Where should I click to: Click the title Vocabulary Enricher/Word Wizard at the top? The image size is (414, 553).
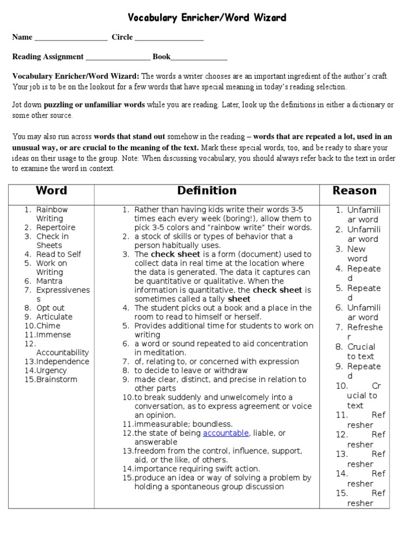click(x=207, y=18)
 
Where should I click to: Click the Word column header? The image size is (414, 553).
click(x=51, y=191)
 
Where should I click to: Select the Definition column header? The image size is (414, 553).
click(x=207, y=191)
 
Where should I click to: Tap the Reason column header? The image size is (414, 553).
click(x=354, y=191)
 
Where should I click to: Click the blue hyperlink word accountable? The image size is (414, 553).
click(x=226, y=433)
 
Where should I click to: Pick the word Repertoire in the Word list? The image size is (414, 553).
click(x=56, y=227)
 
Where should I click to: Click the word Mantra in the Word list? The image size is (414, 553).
click(x=49, y=281)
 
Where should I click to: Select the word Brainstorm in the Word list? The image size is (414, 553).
click(x=57, y=379)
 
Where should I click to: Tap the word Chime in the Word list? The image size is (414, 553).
click(x=48, y=326)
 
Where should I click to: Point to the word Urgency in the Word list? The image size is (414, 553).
click(x=51, y=370)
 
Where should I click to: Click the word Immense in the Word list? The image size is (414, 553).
click(x=53, y=335)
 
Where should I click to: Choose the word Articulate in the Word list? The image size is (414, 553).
click(x=54, y=316)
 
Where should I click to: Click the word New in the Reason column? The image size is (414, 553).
click(x=356, y=249)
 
